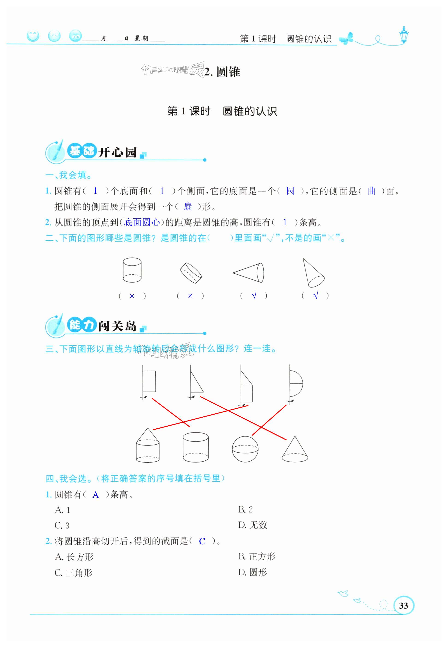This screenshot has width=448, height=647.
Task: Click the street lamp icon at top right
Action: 404,35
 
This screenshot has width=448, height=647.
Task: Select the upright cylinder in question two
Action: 132,270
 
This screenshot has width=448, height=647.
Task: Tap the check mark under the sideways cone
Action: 254,296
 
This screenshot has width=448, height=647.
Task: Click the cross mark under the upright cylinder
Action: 132,296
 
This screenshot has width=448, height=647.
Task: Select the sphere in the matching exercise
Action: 245,449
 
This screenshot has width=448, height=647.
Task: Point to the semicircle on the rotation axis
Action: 296,383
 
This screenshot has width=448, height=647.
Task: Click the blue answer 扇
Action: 188,207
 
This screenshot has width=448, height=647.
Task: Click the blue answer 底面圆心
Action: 141,222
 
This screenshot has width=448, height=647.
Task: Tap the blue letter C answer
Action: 202,541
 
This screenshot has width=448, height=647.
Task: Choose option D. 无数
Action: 253,525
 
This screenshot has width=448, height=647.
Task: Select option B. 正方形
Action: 257,557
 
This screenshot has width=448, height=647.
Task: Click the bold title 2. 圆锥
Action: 222,72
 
